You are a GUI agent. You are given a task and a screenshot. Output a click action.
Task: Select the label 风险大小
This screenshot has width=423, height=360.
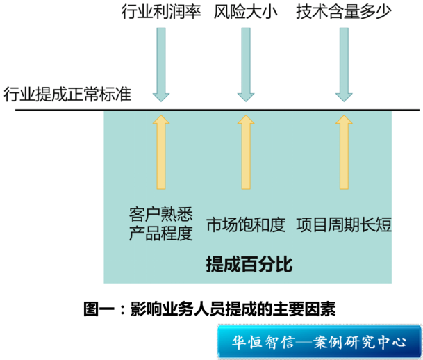tap(245, 13)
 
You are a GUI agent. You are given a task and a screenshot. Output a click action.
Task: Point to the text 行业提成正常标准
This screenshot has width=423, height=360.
tap(67, 93)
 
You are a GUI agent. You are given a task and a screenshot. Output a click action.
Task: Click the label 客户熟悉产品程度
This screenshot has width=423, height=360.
tap(161, 223)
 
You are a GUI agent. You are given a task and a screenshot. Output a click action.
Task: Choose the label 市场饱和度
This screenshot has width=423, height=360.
tap(246, 224)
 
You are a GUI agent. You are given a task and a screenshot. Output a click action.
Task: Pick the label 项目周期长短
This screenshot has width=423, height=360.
tap(344, 224)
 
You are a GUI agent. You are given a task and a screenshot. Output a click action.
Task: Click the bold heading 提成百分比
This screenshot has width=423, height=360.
tap(249, 265)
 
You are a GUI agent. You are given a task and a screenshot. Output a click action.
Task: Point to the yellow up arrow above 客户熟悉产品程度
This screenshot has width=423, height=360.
tap(161, 152)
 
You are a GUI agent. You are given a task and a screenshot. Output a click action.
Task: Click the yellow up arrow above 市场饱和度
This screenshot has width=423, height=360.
tap(245, 152)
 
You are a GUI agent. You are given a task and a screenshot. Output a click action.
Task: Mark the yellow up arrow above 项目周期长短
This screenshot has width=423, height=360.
tap(343, 152)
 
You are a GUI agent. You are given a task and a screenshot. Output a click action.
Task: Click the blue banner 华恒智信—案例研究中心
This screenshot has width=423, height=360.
tap(319, 342)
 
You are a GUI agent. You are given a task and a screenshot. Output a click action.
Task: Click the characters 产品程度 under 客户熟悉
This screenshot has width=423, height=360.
tap(161, 234)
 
